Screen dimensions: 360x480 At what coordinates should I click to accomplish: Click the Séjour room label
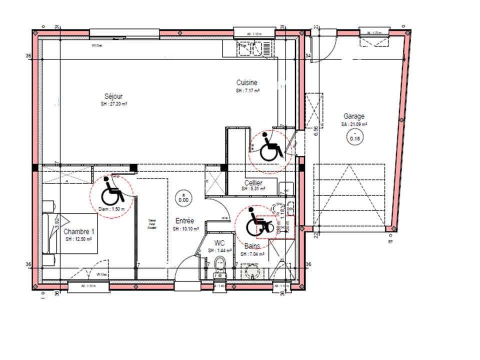[113, 96]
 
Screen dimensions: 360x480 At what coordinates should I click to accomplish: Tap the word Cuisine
[247, 82]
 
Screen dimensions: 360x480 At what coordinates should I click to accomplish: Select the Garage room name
[353, 116]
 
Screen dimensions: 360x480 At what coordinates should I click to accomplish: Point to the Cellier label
[253, 183]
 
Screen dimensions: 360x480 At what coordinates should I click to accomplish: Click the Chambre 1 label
[78, 231]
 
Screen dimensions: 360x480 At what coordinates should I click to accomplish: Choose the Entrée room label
[184, 220]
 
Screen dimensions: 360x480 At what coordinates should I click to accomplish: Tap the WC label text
[219, 243]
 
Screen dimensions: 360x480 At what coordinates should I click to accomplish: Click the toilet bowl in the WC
[219, 263]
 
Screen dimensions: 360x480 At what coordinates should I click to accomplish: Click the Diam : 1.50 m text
[109, 209]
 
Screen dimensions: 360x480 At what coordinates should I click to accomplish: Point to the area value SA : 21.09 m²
[354, 124]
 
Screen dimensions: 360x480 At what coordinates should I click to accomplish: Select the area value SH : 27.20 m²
[113, 104]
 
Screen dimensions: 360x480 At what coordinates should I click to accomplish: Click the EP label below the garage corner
[391, 241]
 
